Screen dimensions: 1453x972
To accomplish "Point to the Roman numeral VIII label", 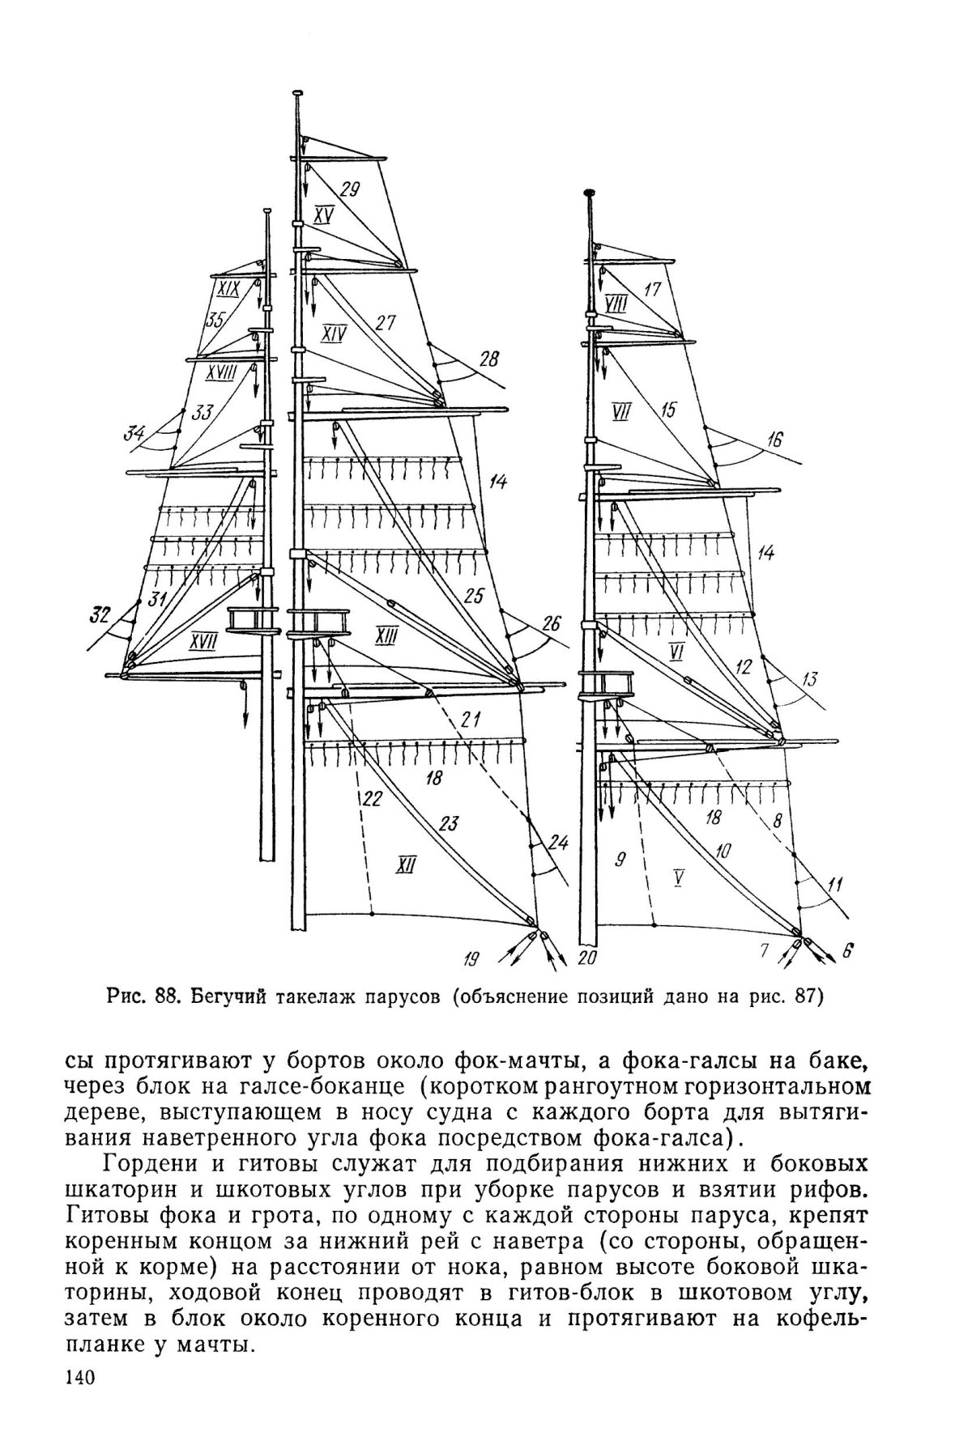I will tap(616, 304).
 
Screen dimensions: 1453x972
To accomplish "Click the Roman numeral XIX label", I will tap(228, 289).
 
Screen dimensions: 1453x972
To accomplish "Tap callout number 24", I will tap(557, 842).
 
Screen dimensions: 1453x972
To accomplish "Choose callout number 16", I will tap(775, 440).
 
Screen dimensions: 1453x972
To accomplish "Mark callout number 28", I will tap(489, 357).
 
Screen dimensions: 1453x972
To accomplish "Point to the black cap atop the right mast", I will tap(590, 194).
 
